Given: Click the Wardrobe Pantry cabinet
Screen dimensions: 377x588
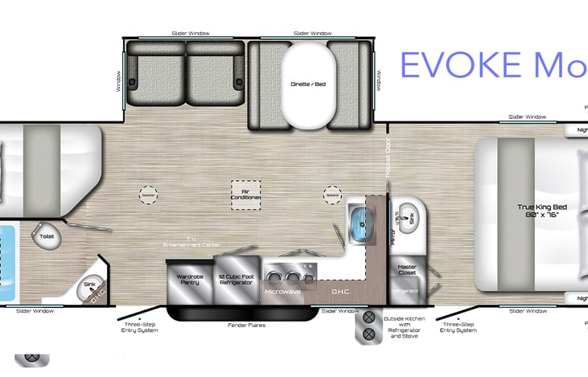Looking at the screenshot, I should pyautogui.click(x=189, y=279).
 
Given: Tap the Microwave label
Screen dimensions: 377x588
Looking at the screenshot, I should pyautogui.click(x=282, y=291).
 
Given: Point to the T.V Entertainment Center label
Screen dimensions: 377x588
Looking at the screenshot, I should pyautogui.click(x=193, y=240).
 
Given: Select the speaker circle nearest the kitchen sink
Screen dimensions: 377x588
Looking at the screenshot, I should pyautogui.click(x=332, y=194).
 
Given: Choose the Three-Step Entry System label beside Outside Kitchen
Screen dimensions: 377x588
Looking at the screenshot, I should pyautogui.click(x=459, y=327).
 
